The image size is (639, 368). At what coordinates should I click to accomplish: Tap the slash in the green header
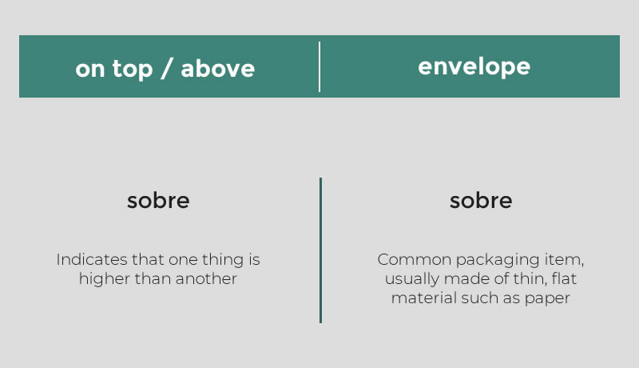[167, 68]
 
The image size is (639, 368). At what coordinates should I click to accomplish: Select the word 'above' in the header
[217, 68]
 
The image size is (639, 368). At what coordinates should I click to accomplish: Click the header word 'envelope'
[474, 66]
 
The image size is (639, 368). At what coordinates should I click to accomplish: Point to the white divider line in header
[319, 66]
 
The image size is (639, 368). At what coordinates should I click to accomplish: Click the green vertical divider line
[321, 250]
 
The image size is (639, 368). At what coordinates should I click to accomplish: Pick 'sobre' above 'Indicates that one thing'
[158, 200]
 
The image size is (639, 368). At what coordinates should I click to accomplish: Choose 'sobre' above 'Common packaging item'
[481, 200]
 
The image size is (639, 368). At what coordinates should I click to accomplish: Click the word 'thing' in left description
[223, 260]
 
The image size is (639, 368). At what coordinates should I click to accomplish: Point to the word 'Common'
[414, 259]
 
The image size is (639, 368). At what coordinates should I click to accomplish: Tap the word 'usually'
[412, 279]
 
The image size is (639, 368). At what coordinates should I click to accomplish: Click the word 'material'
[424, 298]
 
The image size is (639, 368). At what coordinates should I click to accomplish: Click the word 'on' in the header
[90, 70]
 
